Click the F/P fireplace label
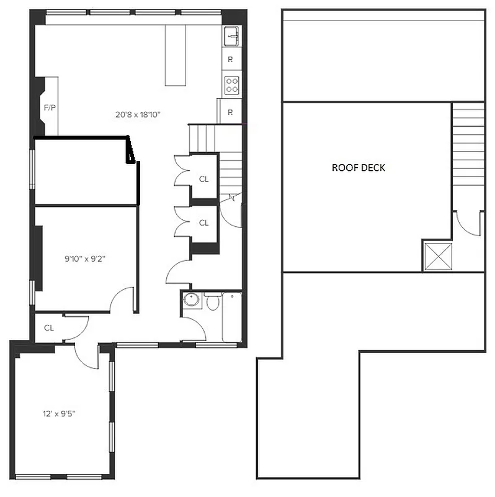[x=50, y=108]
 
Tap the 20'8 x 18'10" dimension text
[x=138, y=114]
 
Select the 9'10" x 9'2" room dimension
[x=84, y=259]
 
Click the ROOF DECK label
[x=359, y=168]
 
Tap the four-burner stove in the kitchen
[x=232, y=84]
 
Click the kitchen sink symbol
[x=232, y=36]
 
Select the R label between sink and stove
[x=230, y=60]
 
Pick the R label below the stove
[x=230, y=112]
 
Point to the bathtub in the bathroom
[x=232, y=317]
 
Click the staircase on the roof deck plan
[x=468, y=143]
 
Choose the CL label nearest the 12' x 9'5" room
[x=49, y=327]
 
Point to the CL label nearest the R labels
[x=204, y=180]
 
